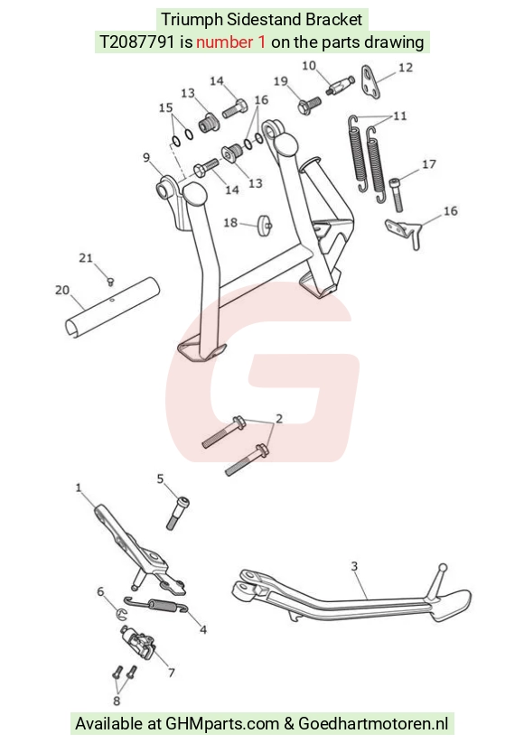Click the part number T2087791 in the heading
(136, 42)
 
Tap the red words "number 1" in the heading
(230, 42)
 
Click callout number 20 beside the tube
(62, 290)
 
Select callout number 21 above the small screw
(85, 258)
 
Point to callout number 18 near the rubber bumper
(230, 222)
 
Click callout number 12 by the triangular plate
(406, 68)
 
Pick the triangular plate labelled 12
(370, 82)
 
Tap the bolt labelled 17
(397, 194)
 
